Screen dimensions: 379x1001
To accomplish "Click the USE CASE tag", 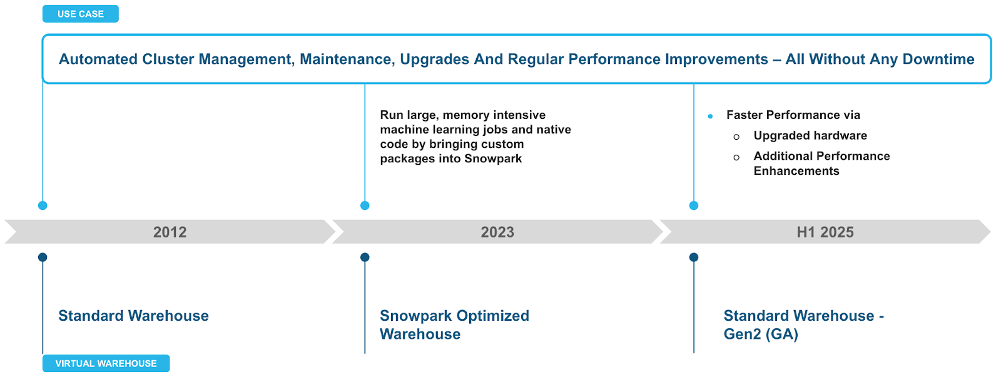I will point(80,14).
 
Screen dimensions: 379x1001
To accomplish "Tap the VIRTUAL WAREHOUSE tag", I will point(106,363).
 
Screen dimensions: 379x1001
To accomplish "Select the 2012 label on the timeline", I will point(170,232).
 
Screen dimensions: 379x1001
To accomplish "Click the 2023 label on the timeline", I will point(497,232).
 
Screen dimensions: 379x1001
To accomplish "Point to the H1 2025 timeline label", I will point(825,232).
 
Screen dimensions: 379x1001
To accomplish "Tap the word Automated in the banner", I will point(98,60).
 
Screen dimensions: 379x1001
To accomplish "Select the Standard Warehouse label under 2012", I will point(133,316).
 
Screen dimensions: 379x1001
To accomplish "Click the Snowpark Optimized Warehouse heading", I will point(454,324).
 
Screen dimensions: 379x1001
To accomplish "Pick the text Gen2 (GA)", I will point(761,335).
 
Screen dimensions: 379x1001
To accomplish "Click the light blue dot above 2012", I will point(43,205).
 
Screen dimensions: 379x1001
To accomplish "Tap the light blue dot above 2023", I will point(365,205).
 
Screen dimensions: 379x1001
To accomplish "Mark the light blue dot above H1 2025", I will point(694,205).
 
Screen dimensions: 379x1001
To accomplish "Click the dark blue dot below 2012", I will point(43,257).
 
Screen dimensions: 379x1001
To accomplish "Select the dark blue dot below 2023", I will point(365,257).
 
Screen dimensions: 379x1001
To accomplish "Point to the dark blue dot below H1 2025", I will point(694,257).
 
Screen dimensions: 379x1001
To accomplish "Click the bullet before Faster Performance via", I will point(710,116).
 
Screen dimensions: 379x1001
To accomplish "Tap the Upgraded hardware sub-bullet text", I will point(810,136).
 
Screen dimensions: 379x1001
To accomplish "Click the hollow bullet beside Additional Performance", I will point(736,157).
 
